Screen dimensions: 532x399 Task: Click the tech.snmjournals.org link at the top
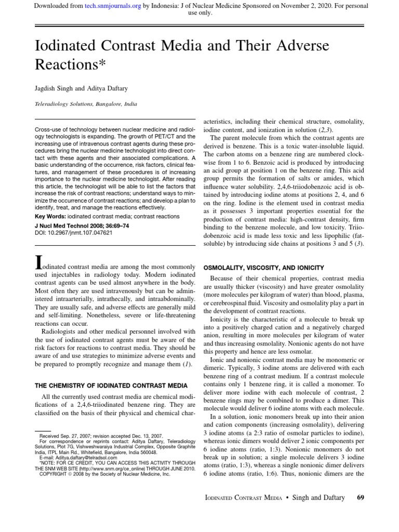110,6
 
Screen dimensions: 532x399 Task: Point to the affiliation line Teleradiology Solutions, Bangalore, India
86,104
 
